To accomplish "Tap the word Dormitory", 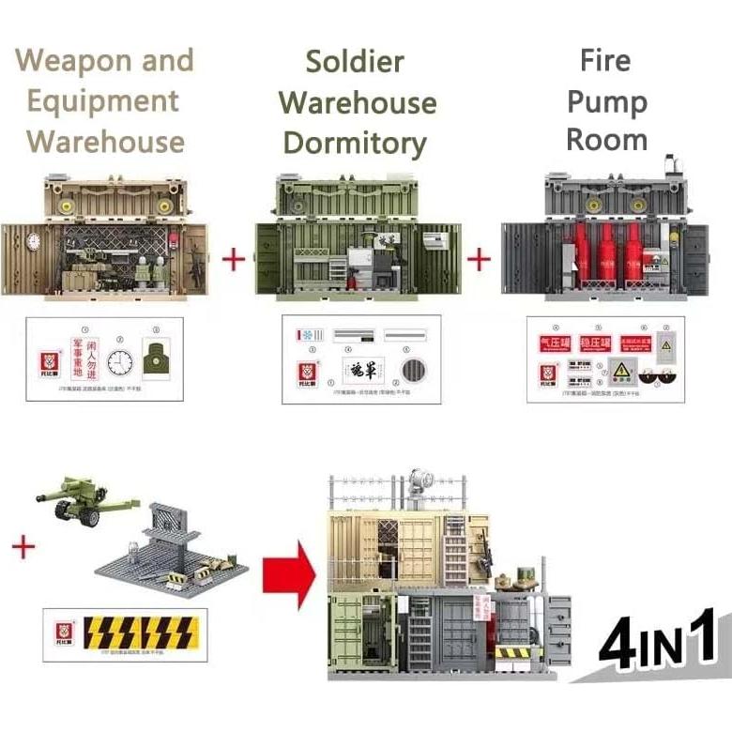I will [x=355, y=144].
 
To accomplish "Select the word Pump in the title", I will [x=606, y=101].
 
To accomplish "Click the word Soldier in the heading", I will [x=355, y=62].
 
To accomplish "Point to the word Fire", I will [x=605, y=61].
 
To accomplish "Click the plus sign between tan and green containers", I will [x=234, y=258].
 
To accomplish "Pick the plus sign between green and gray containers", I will [x=480, y=258].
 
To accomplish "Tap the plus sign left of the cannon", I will [x=22, y=546].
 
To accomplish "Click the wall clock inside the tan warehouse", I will [x=34, y=241].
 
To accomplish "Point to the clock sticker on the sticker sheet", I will [x=119, y=362].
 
